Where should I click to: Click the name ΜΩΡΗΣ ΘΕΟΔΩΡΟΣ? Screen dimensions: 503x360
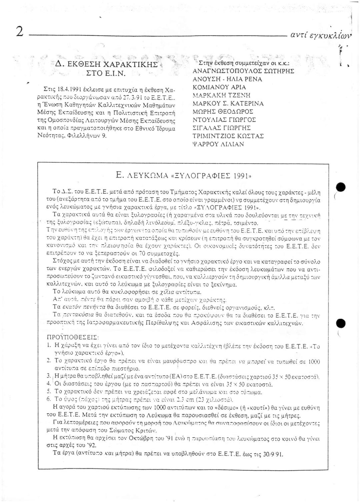(223, 112)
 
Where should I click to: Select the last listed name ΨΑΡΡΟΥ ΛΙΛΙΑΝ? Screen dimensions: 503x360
(218, 144)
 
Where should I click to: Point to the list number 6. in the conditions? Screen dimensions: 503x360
(49, 399)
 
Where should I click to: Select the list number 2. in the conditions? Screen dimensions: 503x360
(49, 360)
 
